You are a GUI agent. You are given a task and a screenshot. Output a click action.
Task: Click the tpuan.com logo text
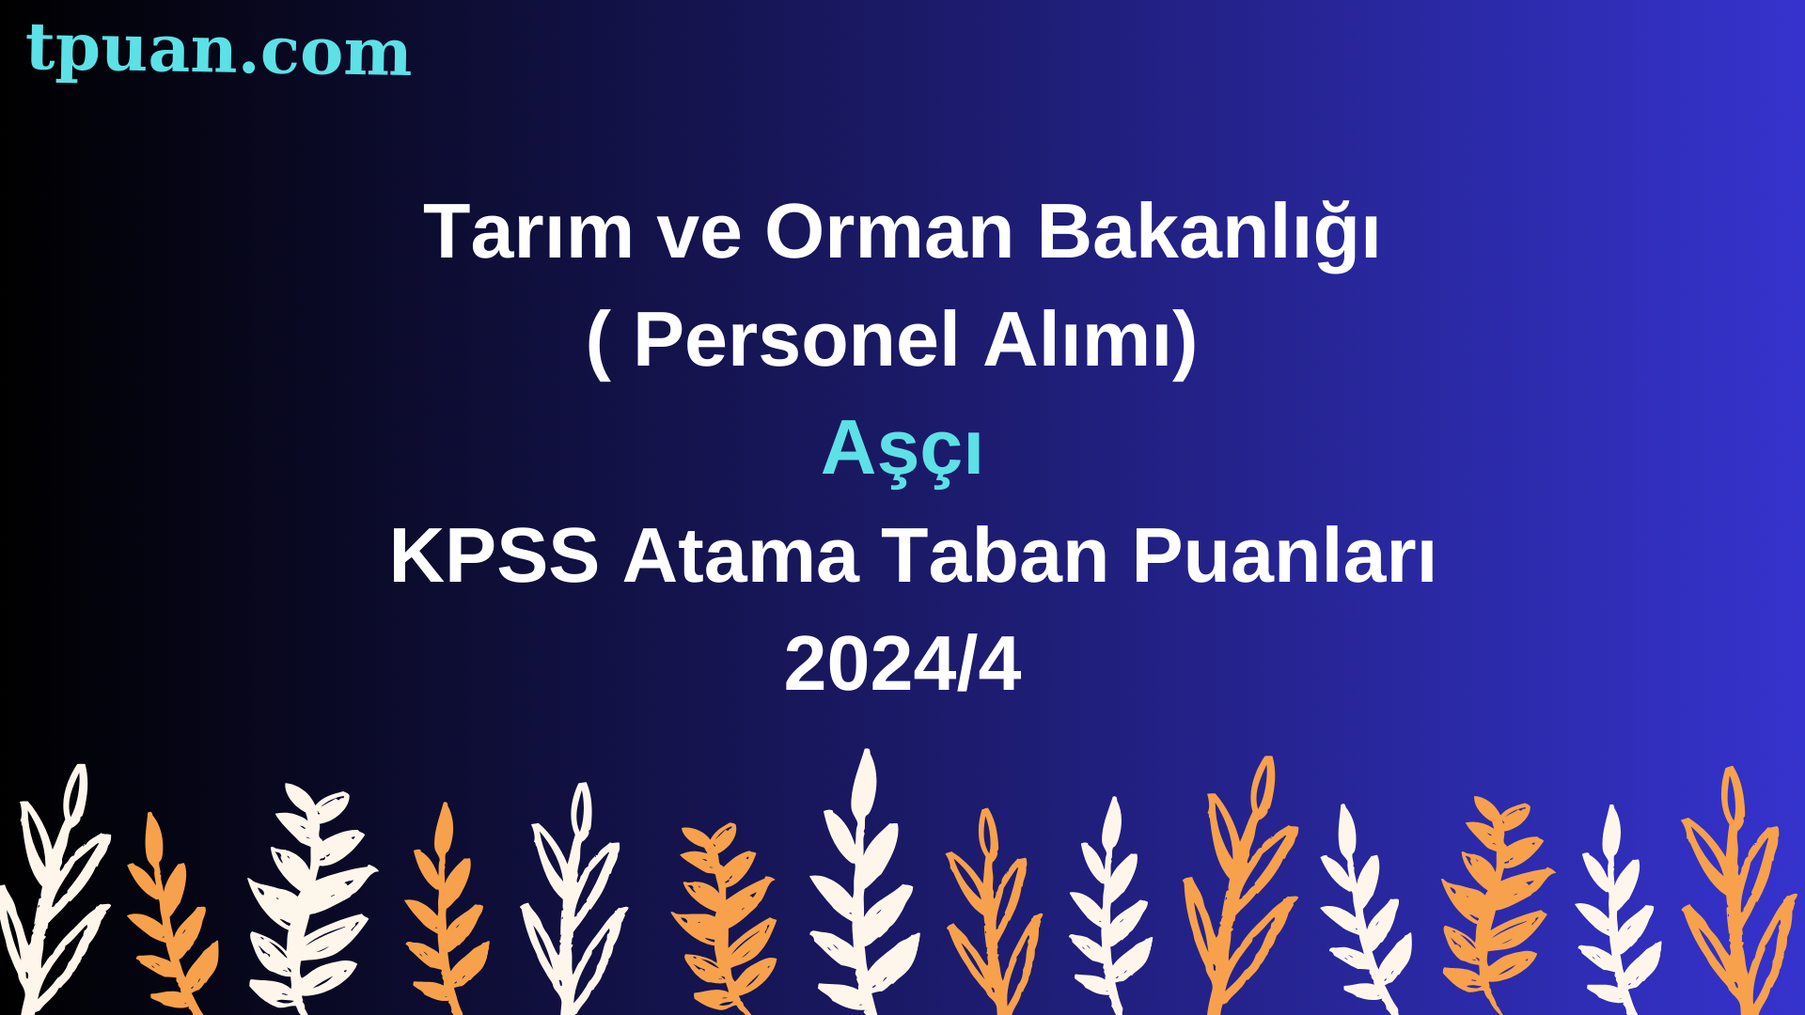pyautogui.click(x=218, y=51)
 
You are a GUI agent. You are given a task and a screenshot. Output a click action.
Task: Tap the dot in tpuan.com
pyautogui.click(x=249, y=69)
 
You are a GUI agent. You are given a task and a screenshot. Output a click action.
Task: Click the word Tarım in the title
pyautogui.click(x=528, y=231)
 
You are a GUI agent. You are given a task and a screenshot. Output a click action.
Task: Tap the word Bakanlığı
pyautogui.click(x=1209, y=233)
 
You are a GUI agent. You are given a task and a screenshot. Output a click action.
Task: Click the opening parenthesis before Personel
pyautogui.click(x=599, y=342)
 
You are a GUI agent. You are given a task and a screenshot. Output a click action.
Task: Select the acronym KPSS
pyautogui.click(x=494, y=556)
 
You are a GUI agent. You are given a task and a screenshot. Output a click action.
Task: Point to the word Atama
pyautogui.click(x=741, y=556)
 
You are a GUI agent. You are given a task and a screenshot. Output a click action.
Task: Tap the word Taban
pyautogui.click(x=996, y=556)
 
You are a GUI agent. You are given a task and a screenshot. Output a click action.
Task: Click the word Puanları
pyautogui.click(x=1284, y=556)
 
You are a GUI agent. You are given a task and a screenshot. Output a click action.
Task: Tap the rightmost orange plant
pyautogui.click(x=1739, y=893)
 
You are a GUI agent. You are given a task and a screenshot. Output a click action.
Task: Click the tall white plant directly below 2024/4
pyautogui.click(x=862, y=883)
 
